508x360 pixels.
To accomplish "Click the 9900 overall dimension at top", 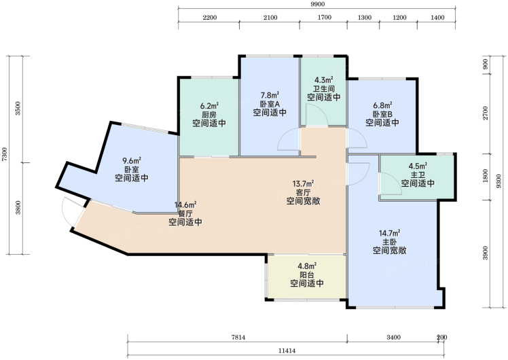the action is [317, 4].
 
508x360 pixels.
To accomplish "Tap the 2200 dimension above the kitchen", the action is [210, 18].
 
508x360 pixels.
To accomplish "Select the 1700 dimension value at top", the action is [325, 18].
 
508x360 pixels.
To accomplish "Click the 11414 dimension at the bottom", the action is [287, 350].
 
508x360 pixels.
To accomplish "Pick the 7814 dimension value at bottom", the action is [238, 338].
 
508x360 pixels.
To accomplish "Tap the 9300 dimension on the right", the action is [498, 181].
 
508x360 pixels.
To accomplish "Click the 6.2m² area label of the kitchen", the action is [209, 106].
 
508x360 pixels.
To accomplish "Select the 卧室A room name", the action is [270, 104].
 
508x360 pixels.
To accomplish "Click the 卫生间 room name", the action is [324, 88].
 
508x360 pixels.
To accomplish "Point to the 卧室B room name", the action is [382, 114].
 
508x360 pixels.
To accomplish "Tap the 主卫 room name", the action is [418, 175].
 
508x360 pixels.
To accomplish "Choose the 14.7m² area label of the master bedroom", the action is [389, 233].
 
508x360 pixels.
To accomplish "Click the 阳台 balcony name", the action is [307, 275].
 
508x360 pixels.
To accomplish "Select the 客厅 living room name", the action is [304, 192].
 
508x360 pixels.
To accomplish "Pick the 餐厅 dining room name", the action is [185, 213].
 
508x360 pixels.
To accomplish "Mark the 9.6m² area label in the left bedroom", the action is [132, 161].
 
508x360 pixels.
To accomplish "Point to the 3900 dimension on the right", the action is [485, 253].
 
